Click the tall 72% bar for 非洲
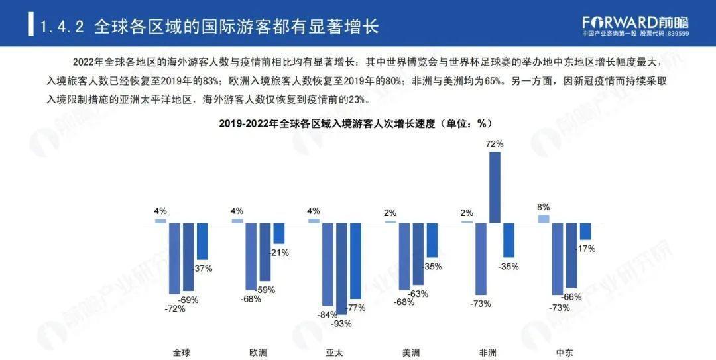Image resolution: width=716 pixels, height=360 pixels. [x=495, y=187]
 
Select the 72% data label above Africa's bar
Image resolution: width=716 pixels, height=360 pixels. [x=495, y=143]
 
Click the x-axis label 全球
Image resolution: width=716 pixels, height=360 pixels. [x=181, y=352]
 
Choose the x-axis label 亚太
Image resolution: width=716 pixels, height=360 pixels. [x=335, y=352]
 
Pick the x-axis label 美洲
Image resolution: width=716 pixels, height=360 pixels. [x=411, y=352]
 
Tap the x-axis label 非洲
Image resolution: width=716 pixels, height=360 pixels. [x=488, y=352]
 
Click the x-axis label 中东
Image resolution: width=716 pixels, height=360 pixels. [x=565, y=352]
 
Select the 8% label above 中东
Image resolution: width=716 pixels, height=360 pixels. [x=544, y=207]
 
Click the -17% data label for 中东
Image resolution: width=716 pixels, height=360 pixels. [x=585, y=249]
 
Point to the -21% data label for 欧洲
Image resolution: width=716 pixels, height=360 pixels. [x=278, y=253]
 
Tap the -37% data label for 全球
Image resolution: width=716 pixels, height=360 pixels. [x=202, y=268]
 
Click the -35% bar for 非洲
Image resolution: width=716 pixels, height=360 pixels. [x=509, y=239]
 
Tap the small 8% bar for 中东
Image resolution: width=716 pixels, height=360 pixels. [x=544, y=218]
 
